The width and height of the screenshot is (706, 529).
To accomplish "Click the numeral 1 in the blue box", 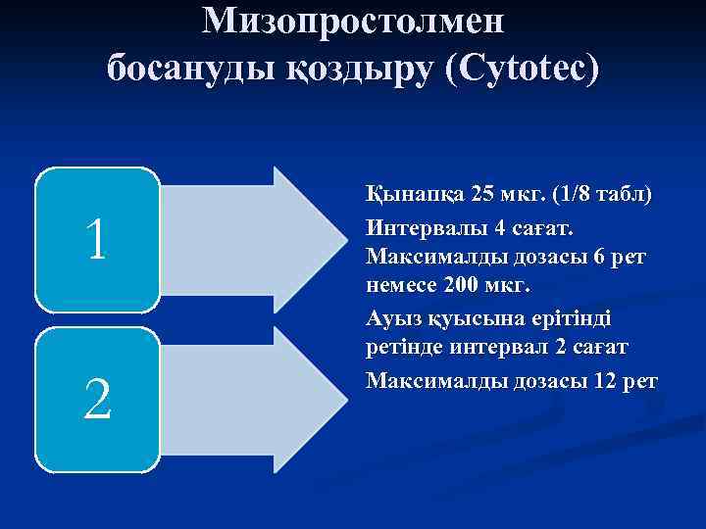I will click(96, 241).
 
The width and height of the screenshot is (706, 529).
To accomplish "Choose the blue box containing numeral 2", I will click(96, 401).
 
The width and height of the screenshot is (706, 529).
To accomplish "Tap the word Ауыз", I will click(391, 318).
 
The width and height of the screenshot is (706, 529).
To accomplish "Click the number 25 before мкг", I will click(485, 193).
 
